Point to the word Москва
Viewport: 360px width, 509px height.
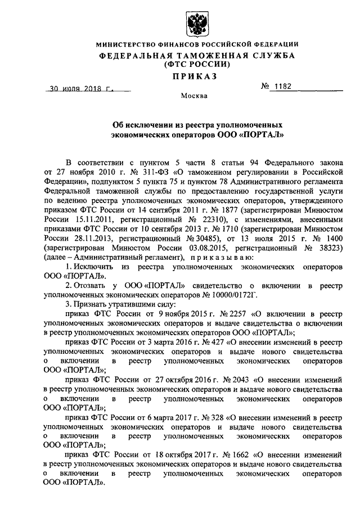(x=194, y=96)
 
